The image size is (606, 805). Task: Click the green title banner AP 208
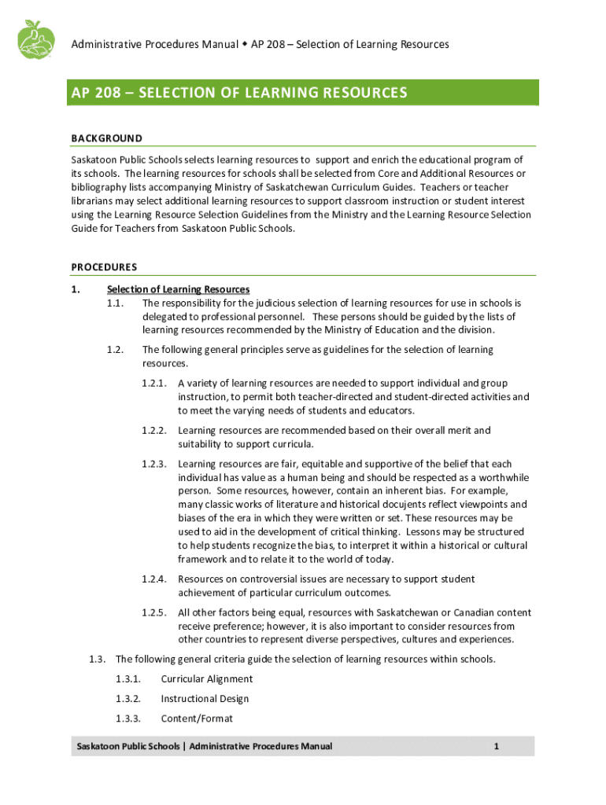point(303,93)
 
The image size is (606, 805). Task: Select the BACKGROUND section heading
point(107,138)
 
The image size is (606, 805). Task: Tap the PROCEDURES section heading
point(104,266)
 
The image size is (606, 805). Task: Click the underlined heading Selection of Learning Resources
point(179,289)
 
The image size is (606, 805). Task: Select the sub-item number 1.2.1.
point(154,384)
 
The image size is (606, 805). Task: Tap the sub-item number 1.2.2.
point(154,431)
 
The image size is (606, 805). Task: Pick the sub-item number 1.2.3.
point(154,464)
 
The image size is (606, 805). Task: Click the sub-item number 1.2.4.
point(154,579)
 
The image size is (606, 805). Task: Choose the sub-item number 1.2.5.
point(154,612)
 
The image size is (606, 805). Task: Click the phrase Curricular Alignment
point(207,679)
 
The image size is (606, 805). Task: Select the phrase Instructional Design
point(205,699)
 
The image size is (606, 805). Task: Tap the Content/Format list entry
point(197,719)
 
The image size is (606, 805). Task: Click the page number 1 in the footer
point(497,746)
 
